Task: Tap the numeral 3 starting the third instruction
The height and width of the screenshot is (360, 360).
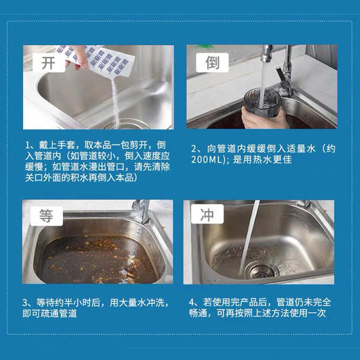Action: point(26,302)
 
